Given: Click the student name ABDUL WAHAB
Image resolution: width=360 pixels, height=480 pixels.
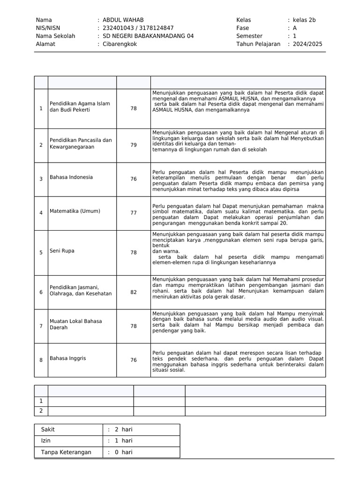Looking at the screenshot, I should click(123, 20).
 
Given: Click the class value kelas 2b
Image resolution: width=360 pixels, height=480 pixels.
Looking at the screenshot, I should click(304, 20).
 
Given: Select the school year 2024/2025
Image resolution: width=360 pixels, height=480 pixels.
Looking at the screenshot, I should click(307, 44).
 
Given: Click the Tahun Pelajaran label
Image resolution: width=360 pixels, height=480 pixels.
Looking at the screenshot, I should click(258, 44).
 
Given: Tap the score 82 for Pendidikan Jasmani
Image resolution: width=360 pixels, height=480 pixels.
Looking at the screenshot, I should click(134, 292).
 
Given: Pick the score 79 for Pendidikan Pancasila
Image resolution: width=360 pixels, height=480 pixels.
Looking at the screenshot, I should click(134, 145).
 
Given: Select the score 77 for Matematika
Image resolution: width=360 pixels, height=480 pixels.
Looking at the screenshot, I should click(134, 213).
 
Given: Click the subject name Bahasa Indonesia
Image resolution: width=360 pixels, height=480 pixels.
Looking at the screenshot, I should click(71, 177).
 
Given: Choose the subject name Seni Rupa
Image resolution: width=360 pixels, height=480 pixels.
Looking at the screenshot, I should click(62, 251).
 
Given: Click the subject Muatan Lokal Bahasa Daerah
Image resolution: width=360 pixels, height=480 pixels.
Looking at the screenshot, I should click(75, 324).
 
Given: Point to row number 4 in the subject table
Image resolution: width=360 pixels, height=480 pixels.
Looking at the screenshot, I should click(41, 213).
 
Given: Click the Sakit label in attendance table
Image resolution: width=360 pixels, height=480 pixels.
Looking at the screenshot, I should click(48, 429).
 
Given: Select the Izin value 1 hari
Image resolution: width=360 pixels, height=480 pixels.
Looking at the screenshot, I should click(123, 441).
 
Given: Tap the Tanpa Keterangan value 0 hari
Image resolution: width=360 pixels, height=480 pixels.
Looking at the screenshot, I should click(123, 452).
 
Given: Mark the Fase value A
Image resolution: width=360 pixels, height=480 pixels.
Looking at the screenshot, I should click(295, 28).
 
